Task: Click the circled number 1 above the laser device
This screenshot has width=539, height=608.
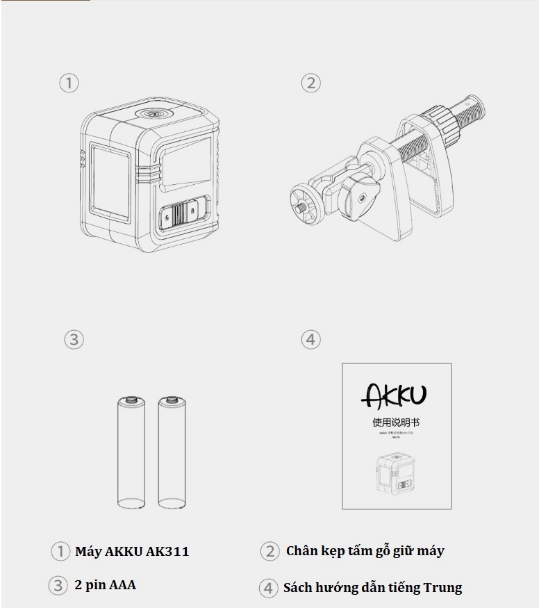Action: pyautogui.click(x=68, y=83)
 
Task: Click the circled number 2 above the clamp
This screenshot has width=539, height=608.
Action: pyautogui.click(x=310, y=83)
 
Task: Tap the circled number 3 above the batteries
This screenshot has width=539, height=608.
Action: pyautogui.click(x=74, y=340)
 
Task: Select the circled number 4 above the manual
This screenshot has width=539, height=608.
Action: pyautogui.click(x=310, y=340)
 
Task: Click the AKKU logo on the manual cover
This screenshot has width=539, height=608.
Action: pyautogui.click(x=394, y=395)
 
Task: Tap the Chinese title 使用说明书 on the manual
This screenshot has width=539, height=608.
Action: pyautogui.click(x=396, y=422)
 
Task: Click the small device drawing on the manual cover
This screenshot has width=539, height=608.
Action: pyautogui.click(x=397, y=475)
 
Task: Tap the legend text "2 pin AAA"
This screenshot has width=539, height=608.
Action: pyautogui.click(x=105, y=585)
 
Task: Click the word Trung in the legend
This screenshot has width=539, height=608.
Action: pyautogui.click(x=442, y=588)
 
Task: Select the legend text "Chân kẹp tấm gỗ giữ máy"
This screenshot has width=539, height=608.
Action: pyautogui.click(x=365, y=551)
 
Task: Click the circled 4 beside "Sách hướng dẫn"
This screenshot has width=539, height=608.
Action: pyautogui.click(x=268, y=588)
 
